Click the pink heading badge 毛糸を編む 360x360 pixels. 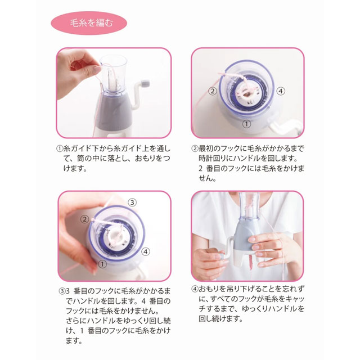click(89, 23)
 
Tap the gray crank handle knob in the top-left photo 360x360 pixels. click(145, 84)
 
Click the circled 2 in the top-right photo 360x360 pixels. click(213, 91)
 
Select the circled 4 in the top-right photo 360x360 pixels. click(281, 91)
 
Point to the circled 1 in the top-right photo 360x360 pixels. click(246, 124)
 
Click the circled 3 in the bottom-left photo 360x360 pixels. click(132, 202)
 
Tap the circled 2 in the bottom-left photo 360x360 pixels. click(84, 219)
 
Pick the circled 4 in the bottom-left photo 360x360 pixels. click(145, 251)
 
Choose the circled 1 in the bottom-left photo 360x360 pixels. click(102, 264)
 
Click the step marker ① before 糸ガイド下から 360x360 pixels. click(60, 148)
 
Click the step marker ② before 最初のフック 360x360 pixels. click(195, 148)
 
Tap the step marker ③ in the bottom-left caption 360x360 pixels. click(62, 291)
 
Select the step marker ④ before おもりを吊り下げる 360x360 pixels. click(195, 289)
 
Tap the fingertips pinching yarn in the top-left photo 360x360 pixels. click(95, 69)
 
